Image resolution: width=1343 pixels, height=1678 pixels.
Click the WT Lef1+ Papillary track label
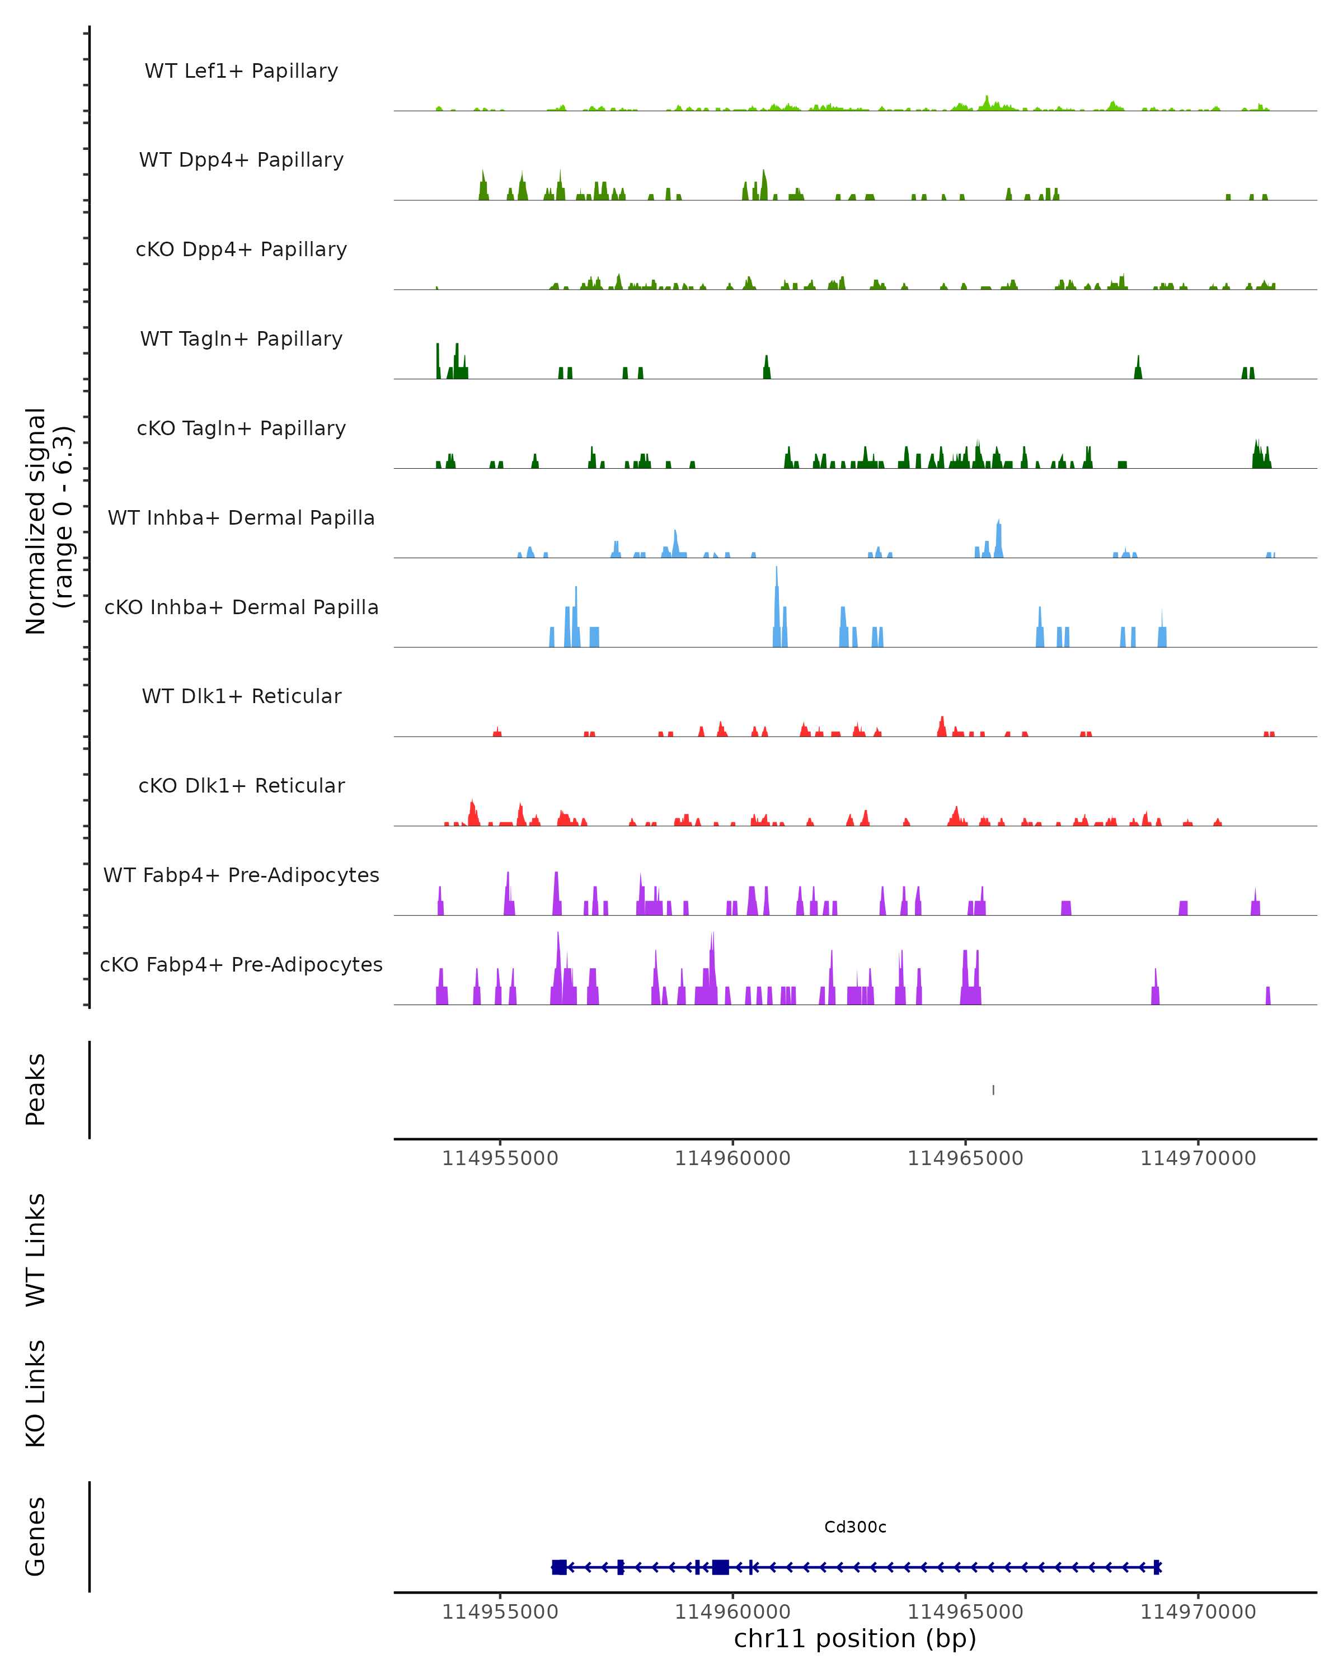click(x=241, y=71)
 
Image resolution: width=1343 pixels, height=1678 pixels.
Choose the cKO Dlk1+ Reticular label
click(x=241, y=785)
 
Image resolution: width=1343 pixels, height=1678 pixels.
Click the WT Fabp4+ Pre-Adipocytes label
click(x=241, y=875)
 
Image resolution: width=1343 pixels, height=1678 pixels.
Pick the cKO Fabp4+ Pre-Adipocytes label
click(x=241, y=964)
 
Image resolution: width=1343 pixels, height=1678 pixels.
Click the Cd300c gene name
click(x=855, y=1527)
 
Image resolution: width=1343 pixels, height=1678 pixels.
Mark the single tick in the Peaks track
click(x=993, y=1090)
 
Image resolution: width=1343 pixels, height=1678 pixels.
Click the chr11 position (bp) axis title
click(x=855, y=1638)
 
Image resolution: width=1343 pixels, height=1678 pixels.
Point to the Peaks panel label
click(x=36, y=1090)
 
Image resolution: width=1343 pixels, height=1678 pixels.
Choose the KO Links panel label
click(x=36, y=1394)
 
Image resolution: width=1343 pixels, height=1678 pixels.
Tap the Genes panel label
click(x=36, y=1536)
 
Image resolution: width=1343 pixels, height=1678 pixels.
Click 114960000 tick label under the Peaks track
click(x=732, y=1158)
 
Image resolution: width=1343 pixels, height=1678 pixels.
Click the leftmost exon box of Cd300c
click(x=559, y=1567)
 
